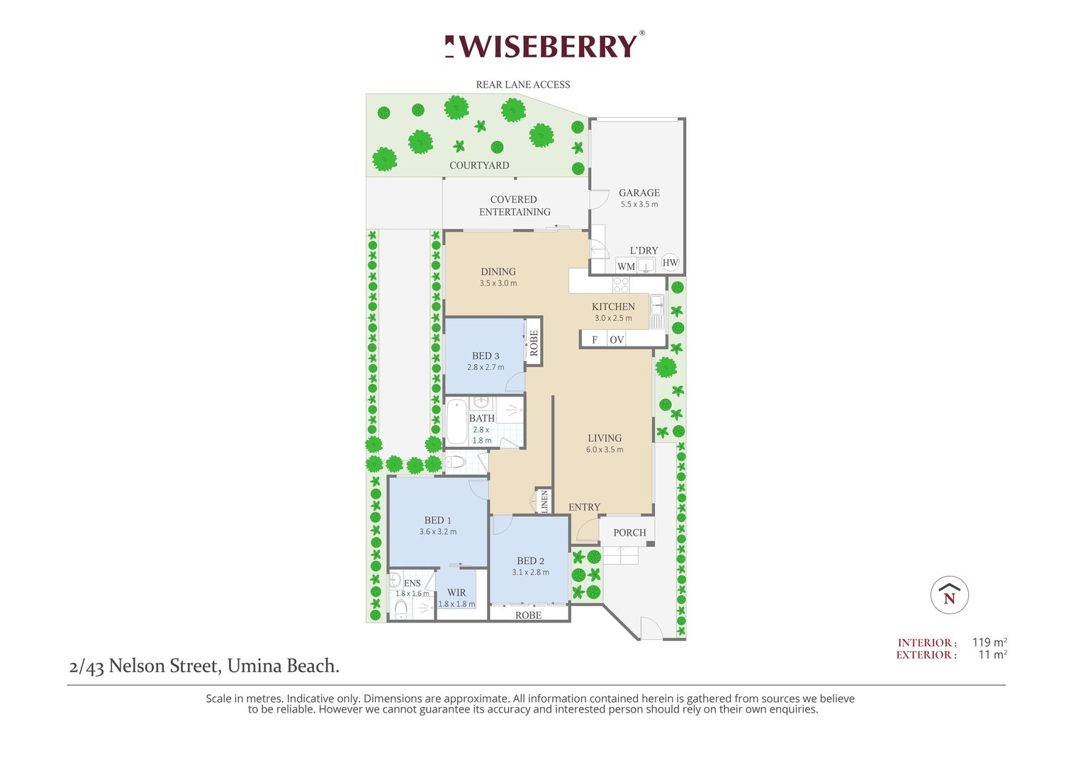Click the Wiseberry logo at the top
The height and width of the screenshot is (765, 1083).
(544, 46)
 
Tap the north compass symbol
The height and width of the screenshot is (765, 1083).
(949, 595)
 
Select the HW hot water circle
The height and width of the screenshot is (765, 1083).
(670, 263)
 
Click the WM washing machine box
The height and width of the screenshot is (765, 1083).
(626, 266)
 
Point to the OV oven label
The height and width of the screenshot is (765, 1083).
(617, 340)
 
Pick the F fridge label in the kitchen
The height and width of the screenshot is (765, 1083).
(595, 340)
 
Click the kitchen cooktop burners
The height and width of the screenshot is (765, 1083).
(621, 285)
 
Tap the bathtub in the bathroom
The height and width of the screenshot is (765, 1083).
(456, 422)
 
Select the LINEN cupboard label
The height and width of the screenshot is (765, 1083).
(544, 501)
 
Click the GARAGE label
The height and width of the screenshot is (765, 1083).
(639, 193)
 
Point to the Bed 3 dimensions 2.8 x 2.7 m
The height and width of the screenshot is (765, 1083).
(486, 368)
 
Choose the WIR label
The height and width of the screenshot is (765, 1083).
(456, 593)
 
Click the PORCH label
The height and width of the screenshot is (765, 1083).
(629, 533)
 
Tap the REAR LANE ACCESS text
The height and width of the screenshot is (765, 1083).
(523, 85)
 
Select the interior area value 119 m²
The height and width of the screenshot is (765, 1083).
(989, 642)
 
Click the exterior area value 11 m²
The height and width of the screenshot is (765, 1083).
(992, 654)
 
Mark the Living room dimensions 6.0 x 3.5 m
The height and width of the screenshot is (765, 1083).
(605, 450)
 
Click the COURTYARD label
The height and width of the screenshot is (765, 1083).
(479, 166)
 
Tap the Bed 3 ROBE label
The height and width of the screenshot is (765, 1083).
(534, 343)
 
